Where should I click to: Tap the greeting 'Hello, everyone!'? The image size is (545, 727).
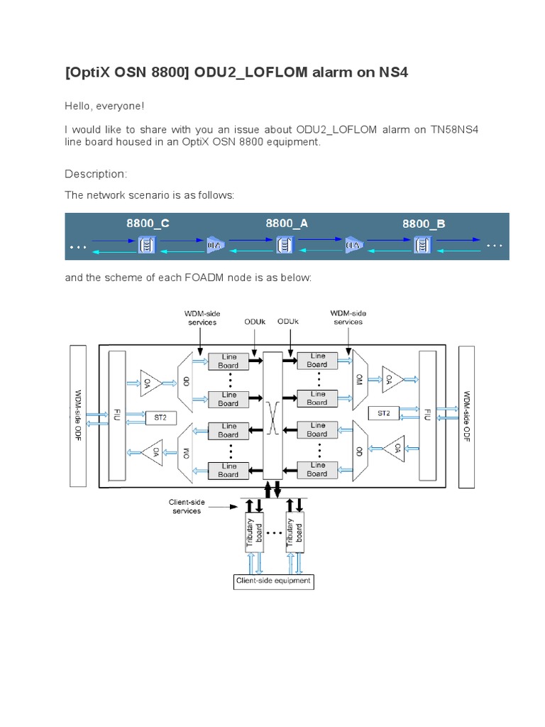[x=104, y=106]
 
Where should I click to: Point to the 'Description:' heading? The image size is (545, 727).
[x=96, y=174]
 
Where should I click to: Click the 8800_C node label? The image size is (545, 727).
[x=148, y=223]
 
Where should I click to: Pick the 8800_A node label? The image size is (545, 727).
[x=287, y=223]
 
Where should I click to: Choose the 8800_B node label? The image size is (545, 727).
[x=424, y=224]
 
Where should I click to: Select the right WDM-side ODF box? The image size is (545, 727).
[x=466, y=417]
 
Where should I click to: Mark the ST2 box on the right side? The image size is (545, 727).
[x=383, y=412]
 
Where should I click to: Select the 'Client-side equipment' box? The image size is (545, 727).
[x=273, y=581]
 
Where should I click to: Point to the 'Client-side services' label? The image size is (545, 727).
[x=187, y=506]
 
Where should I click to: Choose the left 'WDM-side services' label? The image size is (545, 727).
[x=201, y=317]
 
